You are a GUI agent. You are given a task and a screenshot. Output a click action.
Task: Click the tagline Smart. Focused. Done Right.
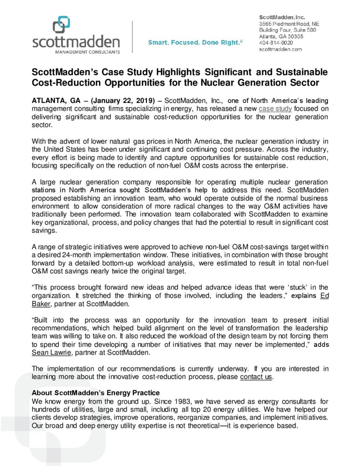tap(195, 43)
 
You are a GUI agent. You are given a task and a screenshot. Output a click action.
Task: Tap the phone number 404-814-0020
tap(276, 43)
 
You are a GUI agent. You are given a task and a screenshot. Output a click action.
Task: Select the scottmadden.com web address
tap(280, 49)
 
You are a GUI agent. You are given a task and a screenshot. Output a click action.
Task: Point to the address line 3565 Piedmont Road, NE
tap(289, 24)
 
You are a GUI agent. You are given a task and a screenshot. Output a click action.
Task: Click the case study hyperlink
tap(275, 109)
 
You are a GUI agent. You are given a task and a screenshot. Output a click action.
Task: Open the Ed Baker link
tap(324, 296)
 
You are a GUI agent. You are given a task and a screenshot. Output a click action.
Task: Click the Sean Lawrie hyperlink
tap(51, 353)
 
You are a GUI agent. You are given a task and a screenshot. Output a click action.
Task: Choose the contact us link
tap(256, 377)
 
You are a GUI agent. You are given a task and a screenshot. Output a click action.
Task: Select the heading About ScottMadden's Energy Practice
tap(96, 393)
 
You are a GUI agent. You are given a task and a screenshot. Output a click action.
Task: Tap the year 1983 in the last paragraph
tap(183, 402)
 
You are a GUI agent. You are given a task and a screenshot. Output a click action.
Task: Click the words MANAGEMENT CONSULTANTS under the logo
tap(87, 52)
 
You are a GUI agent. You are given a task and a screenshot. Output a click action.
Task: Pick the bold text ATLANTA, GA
tap(56, 101)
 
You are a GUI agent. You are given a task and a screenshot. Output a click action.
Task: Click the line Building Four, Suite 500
tap(287, 30)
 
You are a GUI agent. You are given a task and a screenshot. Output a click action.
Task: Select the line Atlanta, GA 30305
tap(281, 36)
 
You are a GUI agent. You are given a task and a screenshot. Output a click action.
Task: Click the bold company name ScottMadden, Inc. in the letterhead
tap(282, 17)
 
